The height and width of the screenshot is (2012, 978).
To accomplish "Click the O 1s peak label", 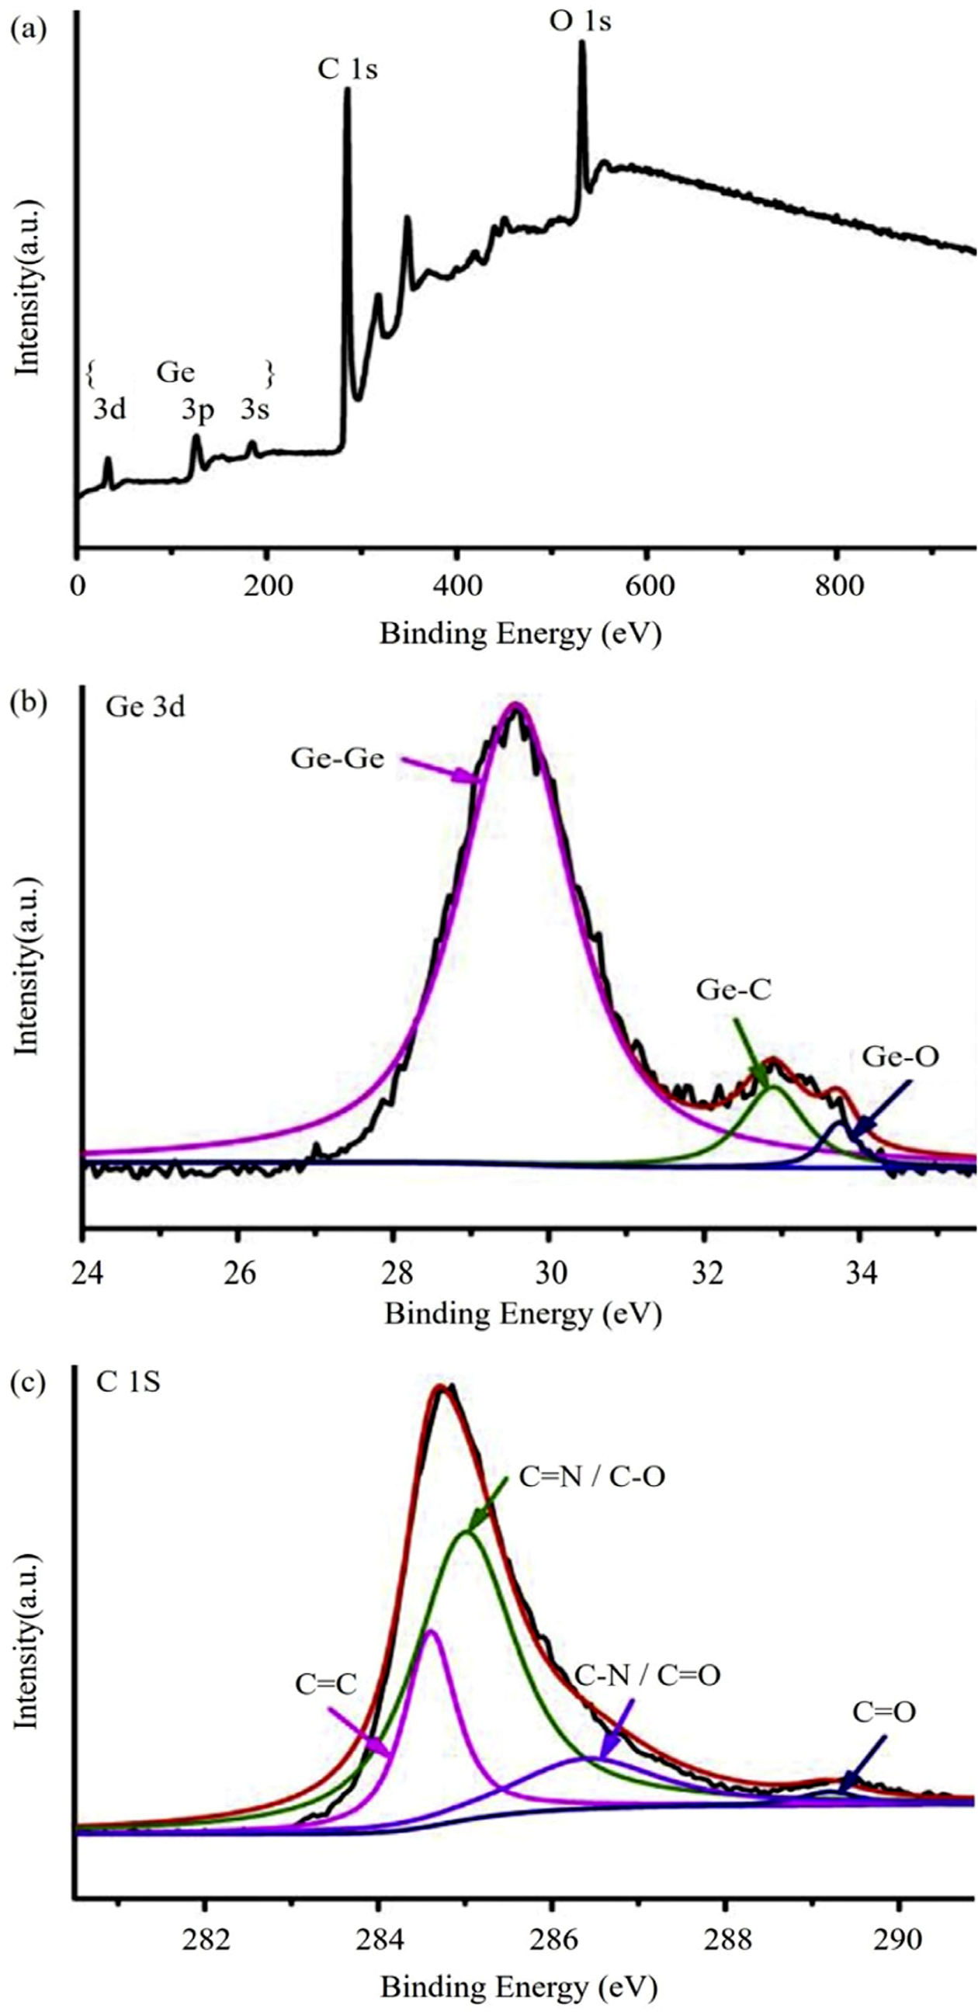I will coord(580,21).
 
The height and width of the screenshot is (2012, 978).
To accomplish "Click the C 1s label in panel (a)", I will coord(347,70).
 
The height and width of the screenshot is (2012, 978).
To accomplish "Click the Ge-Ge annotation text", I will coord(338,758).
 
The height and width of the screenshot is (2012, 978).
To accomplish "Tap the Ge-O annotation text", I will coord(900,1057).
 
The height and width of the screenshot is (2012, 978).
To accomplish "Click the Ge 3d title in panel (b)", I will coord(145,707).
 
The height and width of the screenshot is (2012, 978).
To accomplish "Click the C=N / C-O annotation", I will coord(592,1477).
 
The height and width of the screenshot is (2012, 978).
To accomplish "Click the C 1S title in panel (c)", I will coord(128,1382).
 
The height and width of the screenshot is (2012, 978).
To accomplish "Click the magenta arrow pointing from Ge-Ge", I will coord(442,768).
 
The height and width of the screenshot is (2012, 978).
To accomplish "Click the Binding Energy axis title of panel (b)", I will coord(522,1314).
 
